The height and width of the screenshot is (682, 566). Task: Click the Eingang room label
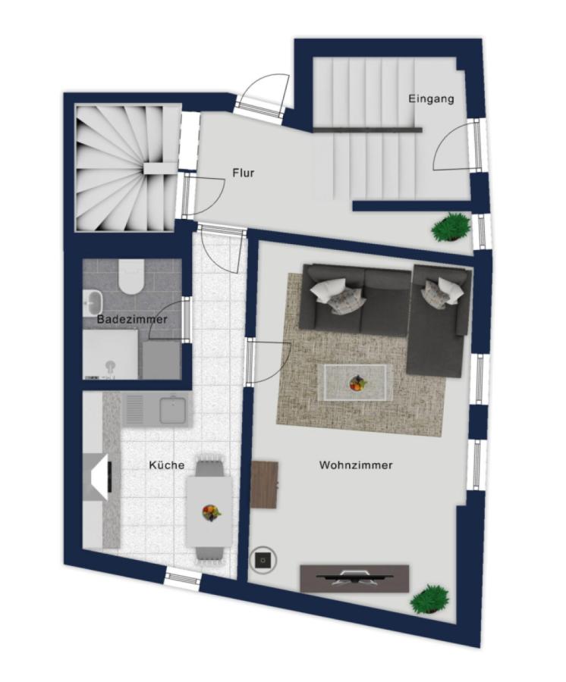point(431,99)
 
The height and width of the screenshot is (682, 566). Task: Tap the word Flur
point(243,173)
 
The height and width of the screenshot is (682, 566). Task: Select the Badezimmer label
point(132,319)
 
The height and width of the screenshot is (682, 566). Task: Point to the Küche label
point(166,465)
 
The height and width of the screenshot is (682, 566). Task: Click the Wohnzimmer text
point(356,465)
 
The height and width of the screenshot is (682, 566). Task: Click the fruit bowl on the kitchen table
point(211,511)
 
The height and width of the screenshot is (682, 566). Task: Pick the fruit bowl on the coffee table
point(358,383)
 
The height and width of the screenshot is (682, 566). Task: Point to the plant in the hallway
point(451,226)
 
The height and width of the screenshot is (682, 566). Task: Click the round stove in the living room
point(263,560)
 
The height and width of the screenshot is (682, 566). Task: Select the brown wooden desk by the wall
point(264,484)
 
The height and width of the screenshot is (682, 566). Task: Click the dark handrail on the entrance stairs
point(367,130)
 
